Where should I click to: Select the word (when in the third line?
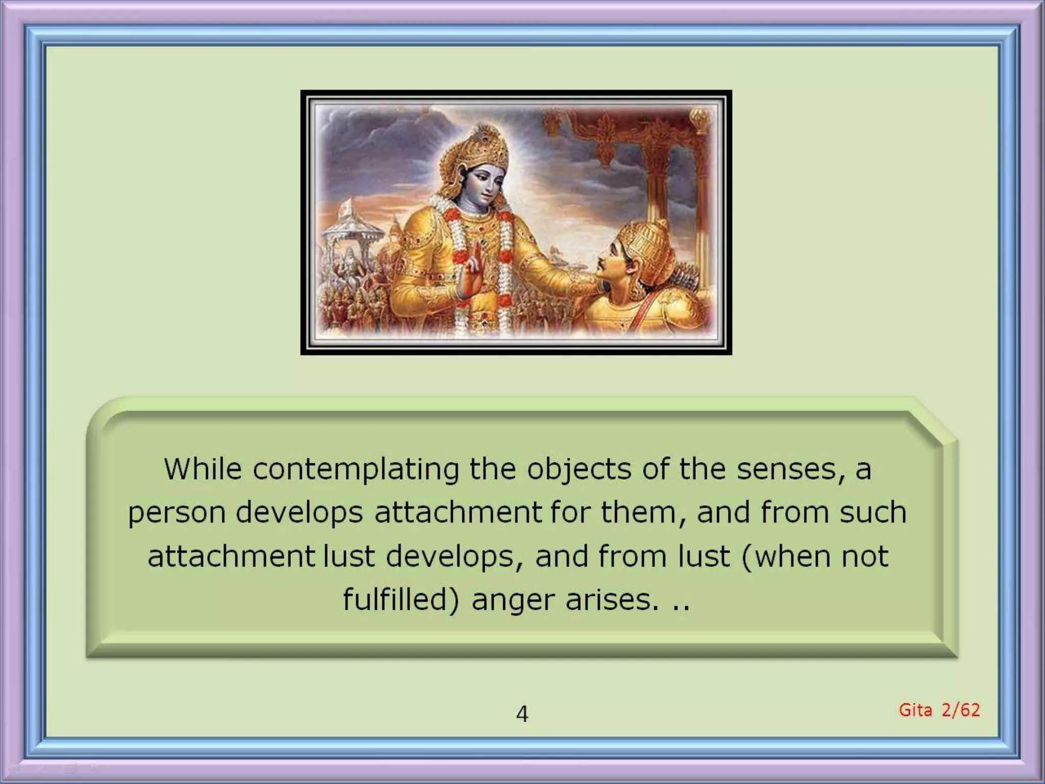[786, 556]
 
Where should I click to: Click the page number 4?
[522, 714]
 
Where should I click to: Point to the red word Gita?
[915, 710]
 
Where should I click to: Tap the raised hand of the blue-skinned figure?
[472, 271]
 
